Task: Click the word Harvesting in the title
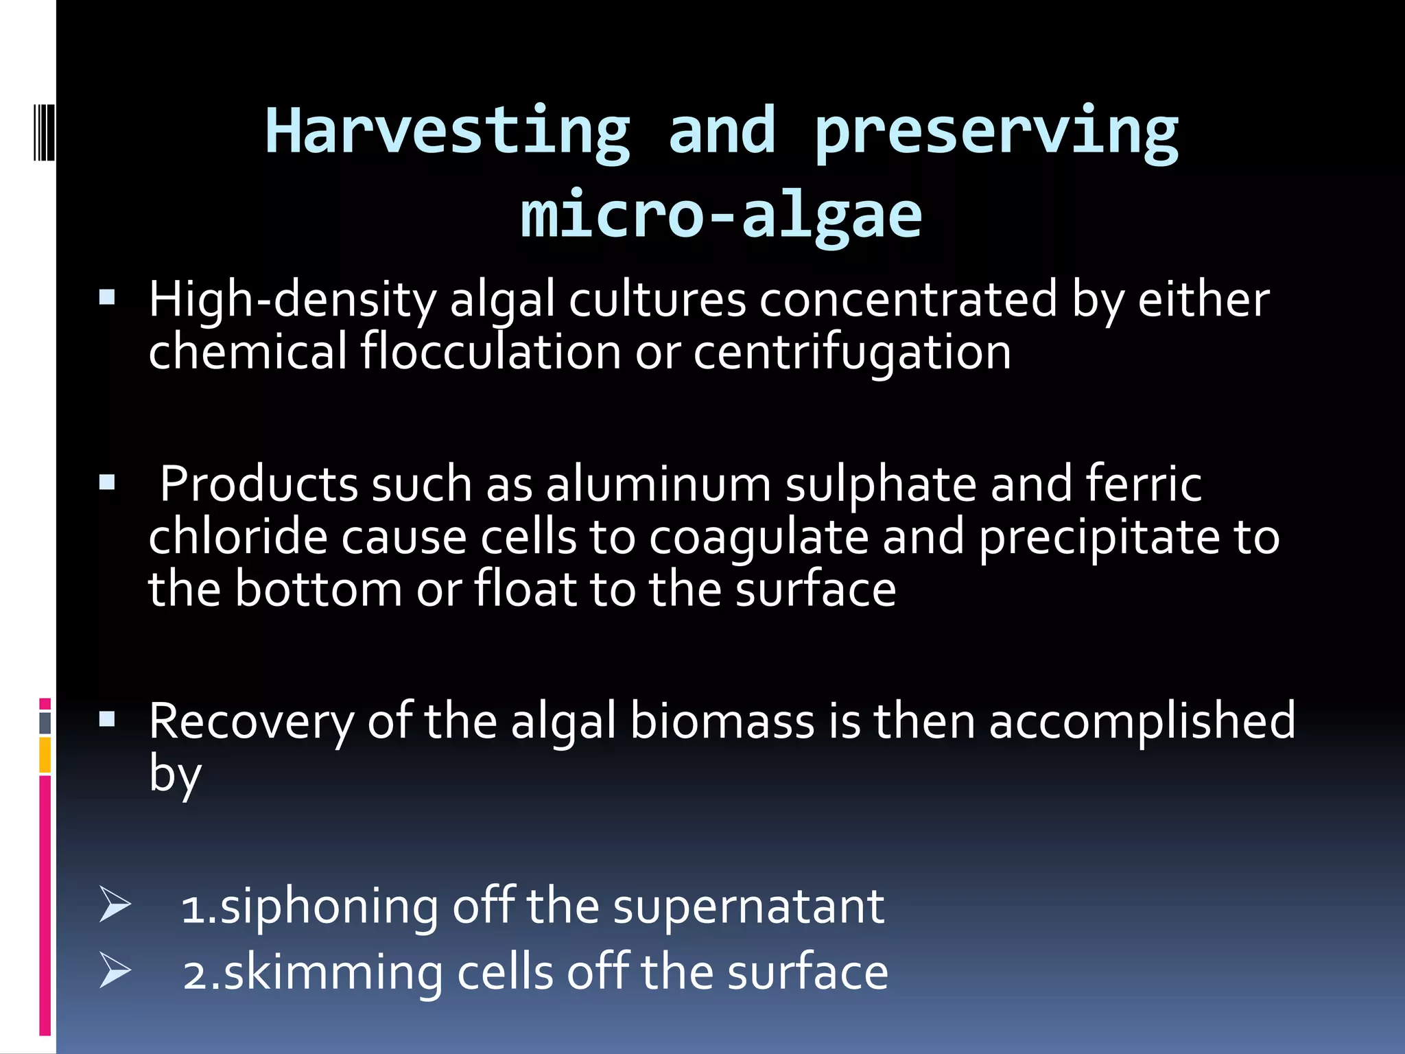tap(447, 132)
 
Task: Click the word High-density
tap(292, 301)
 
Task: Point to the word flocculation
tap(491, 352)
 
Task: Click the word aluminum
tap(659, 484)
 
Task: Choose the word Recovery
tap(251, 722)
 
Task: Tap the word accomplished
tap(1142, 722)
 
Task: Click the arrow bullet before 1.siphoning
tap(114, 904)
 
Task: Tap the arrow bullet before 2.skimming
tap(114, 970)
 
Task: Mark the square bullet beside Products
tap(107, 484)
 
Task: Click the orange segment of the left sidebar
tap(45, 755)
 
